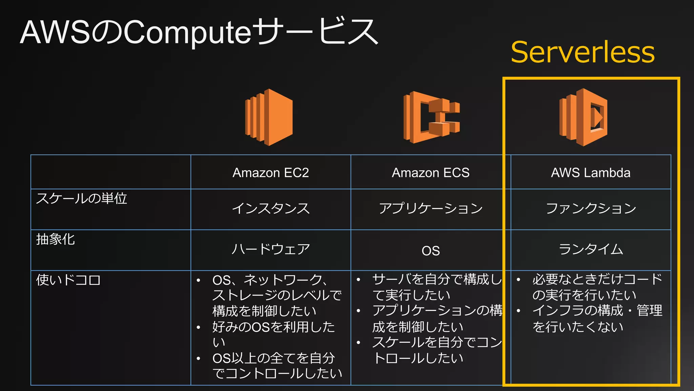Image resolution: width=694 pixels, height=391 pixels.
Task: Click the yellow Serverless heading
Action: [x=583, y=52]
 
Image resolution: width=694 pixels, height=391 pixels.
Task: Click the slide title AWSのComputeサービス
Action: [x=199, y=32]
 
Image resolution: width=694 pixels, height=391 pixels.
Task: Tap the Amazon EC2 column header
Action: [x=270, y=173]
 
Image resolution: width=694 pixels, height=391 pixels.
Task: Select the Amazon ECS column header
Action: [x=431, y=173]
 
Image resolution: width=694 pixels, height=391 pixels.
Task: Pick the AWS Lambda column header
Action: [x=591, y=173]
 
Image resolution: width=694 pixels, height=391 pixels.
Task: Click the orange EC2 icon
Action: [x=269, y=117]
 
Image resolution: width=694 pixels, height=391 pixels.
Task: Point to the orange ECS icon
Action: [x=431, y=117]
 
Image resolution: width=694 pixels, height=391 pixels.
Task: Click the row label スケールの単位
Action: [x=82, y=199]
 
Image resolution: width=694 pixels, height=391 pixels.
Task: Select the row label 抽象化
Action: [x=56, y=239]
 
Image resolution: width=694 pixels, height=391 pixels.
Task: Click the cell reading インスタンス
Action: [x=270, y=208]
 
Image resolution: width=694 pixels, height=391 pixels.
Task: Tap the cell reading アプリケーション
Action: [x=431, y=208]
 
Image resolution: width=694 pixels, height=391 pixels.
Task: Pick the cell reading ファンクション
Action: [x=591, y=208]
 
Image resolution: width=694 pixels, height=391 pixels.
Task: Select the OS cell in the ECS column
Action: [x=431, y=251]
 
